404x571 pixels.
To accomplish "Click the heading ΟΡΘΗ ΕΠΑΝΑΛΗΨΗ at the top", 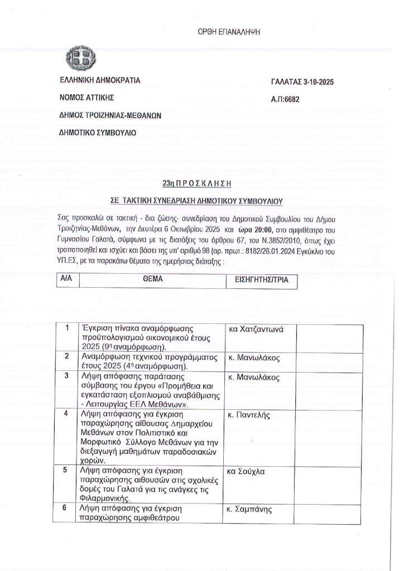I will pos(229,33).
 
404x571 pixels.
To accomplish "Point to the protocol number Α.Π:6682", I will pos(285,99).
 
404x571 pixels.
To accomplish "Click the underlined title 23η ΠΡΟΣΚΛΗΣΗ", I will pos(196,183).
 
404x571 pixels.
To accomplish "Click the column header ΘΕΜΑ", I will pos(152,279).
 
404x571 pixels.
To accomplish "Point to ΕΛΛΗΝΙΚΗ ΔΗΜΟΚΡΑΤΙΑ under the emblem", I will pos(100,80).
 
